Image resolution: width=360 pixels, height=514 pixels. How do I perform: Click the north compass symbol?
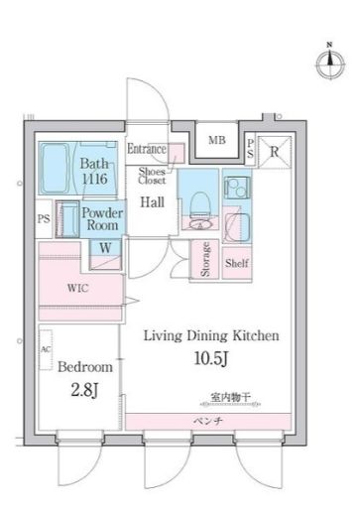tap(329, 62)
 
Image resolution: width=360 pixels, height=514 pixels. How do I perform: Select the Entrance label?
tap(147, 149)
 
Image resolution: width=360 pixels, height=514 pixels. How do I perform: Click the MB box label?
tap(217, 140)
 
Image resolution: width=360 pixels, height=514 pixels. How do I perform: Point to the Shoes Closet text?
tap(152, 178)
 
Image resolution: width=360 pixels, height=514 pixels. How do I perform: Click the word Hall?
tap(152, 202)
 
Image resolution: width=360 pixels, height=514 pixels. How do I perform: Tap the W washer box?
tap(104, 248)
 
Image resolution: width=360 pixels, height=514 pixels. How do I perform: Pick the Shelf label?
tap(236, 264)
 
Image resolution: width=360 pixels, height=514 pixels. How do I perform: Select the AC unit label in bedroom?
tap(46, 349)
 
